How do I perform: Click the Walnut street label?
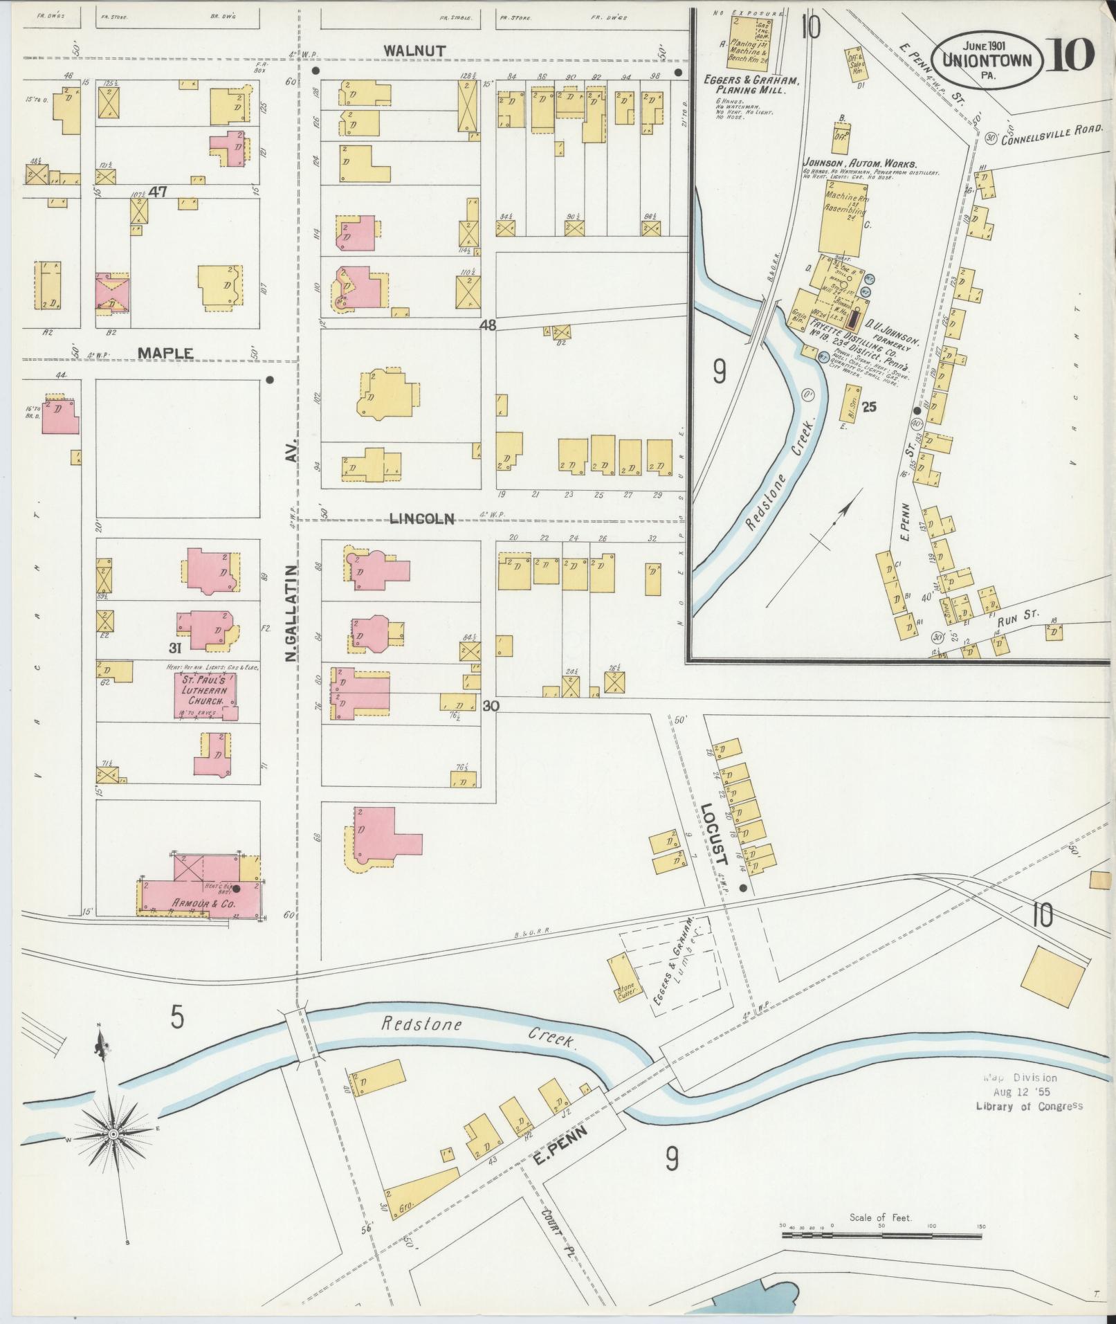coord(415,51)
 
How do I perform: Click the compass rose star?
coord(113,1134)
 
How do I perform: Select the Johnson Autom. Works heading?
coord(859,164)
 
